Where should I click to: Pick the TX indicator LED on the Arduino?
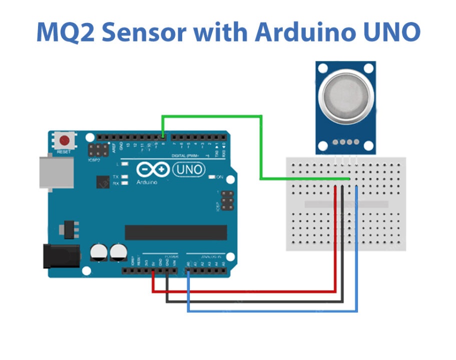(x=125, y=177)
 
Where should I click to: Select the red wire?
(x=250, y=290)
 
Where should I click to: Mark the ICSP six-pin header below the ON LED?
(x=227, y=200)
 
